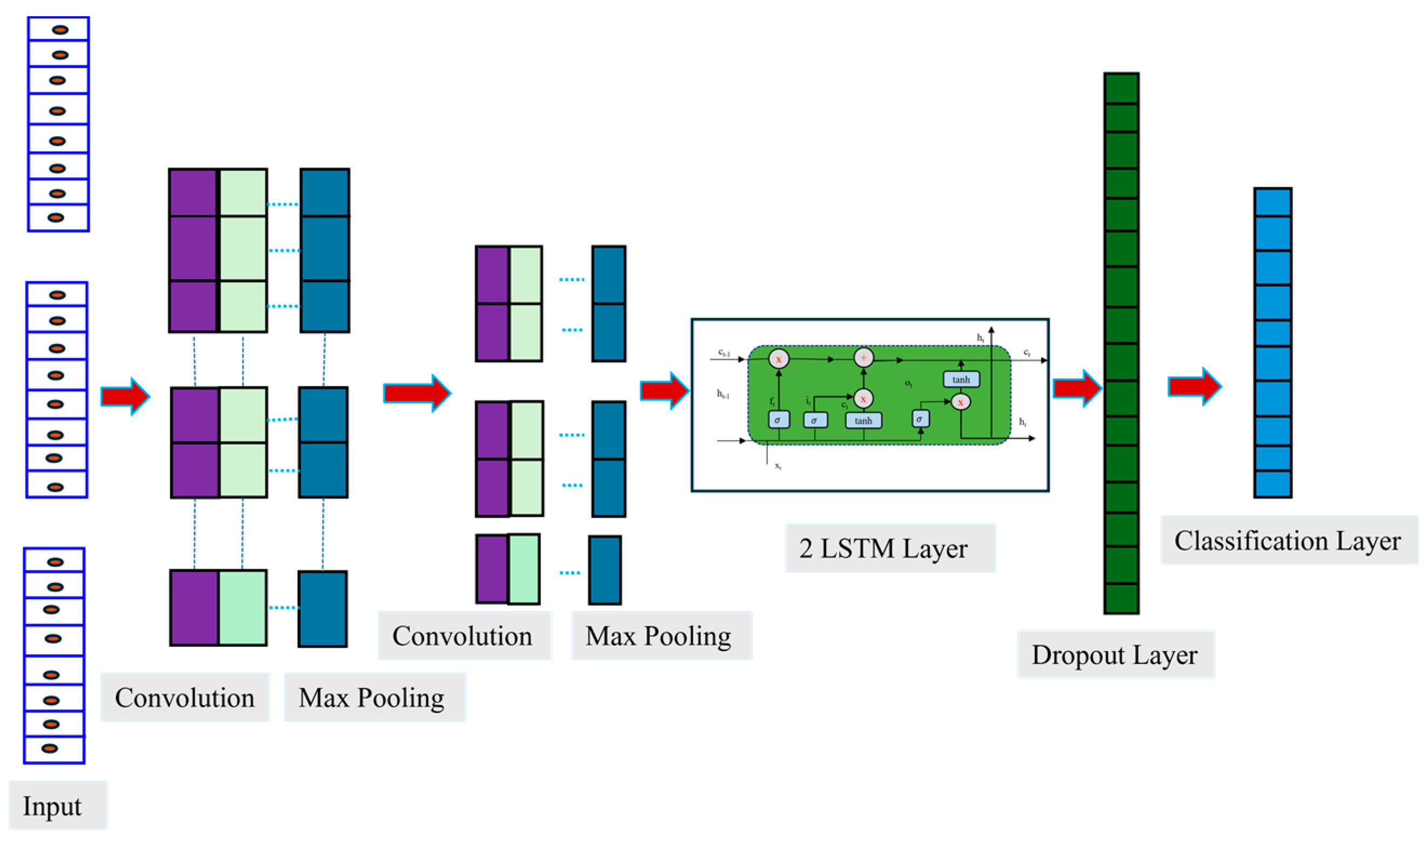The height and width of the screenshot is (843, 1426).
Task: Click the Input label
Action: click(52, 806)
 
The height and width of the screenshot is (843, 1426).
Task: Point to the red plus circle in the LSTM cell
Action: click(863, 357)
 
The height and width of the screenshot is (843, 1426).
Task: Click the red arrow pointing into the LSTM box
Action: click(664, 391)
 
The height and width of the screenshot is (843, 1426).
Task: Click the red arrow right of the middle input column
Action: click(125, 396)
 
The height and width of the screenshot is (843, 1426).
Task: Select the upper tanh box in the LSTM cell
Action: click(960, 379)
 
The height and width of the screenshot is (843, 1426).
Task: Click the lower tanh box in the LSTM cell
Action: click(862, 421)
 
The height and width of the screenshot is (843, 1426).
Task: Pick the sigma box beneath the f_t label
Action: click(778, 420)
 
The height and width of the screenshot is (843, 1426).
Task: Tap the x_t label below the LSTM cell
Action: click(778, 466)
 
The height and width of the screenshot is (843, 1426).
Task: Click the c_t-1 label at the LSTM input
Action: click(724, 353)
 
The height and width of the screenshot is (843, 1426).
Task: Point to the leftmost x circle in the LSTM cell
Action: click(779, 359)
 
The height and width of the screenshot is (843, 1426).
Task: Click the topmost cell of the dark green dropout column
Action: click(1121, 89)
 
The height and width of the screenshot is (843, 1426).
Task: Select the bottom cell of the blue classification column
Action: click(1272, 484)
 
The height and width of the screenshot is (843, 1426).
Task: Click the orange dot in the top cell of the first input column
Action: click(60, 30)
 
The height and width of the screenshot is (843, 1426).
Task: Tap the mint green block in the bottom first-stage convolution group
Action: click(243, 608)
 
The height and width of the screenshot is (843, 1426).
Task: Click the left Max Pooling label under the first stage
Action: click(371, 698)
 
